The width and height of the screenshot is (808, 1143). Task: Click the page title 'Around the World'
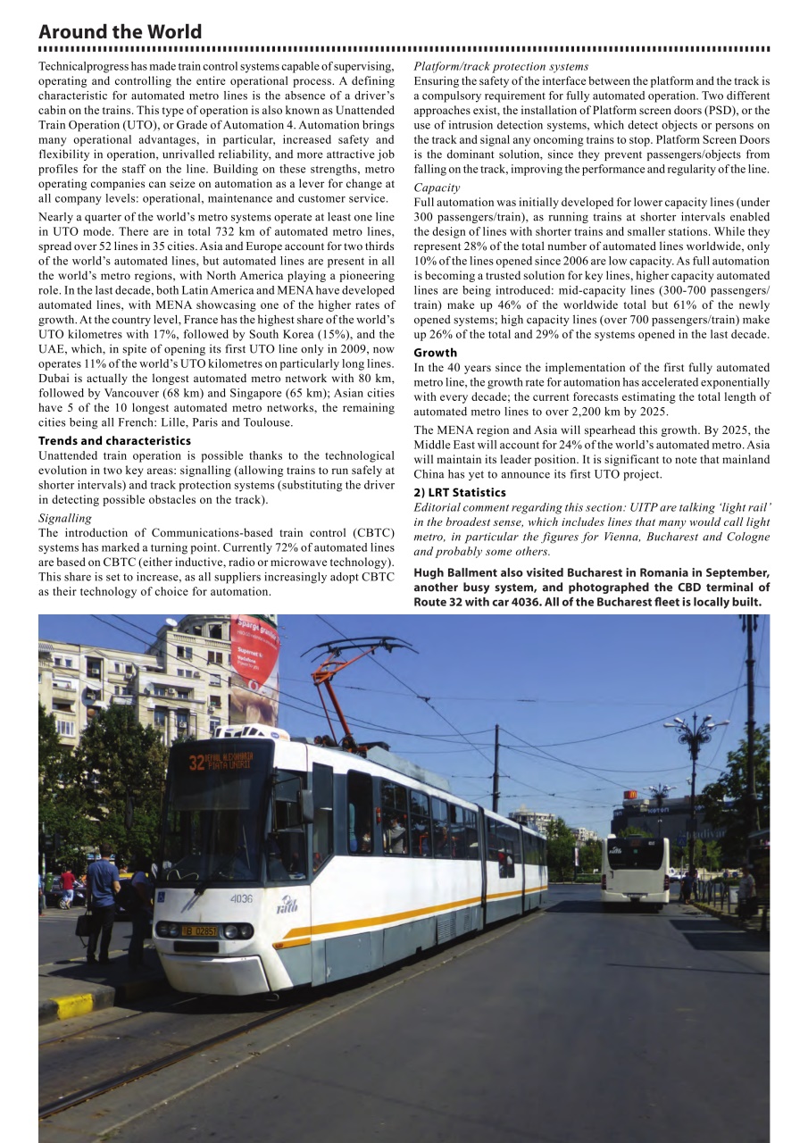[120, 32]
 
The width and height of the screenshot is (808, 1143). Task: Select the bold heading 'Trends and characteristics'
[114, 441]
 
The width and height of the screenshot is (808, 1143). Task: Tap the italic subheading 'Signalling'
[64, 518]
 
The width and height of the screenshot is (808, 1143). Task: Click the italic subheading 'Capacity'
[437, 188]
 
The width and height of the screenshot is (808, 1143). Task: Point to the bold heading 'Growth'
[435, 353]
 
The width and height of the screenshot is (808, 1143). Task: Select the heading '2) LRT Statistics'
[459, 493]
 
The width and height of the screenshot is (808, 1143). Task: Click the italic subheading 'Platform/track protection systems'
[501, 66]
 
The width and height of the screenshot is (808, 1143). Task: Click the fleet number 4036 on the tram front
[241, 898]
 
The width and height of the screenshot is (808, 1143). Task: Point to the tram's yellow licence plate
[199, 930]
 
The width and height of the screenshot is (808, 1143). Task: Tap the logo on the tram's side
[287, 905]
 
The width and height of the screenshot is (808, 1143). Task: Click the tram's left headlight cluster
[167, 929]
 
